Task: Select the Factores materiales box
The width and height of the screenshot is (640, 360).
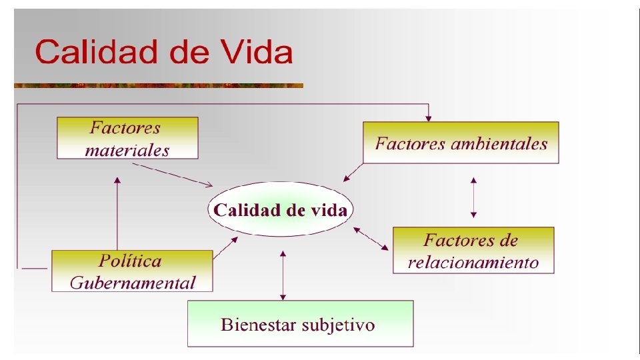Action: coord(127,138)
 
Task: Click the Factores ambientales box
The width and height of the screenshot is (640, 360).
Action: coord(461,143)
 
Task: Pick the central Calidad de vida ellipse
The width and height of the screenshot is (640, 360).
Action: coord(280,211)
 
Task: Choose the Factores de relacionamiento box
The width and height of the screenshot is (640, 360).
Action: coord(473,250)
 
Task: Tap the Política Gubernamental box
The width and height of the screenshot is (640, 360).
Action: coord(132,271)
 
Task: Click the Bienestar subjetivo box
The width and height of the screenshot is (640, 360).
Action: coord(300,324)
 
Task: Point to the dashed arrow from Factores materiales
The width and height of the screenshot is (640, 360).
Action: coord(177,175)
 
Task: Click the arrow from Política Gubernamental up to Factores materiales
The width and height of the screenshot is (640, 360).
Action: coord(117,213)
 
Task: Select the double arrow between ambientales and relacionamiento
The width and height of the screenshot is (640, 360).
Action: coord(473,197)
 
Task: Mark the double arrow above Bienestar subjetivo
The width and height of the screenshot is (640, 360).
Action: coord(283,275)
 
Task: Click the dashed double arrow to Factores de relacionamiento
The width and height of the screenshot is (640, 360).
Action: coord(371,239)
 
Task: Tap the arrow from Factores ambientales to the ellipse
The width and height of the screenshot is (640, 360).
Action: coord(353,172)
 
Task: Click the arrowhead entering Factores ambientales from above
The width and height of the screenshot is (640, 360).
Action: coord(429,117)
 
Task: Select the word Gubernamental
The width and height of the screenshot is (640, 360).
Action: coord(133,282)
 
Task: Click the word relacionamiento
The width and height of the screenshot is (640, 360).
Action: coord(473,262)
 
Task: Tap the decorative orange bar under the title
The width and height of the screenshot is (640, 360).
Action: coord(159,85)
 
